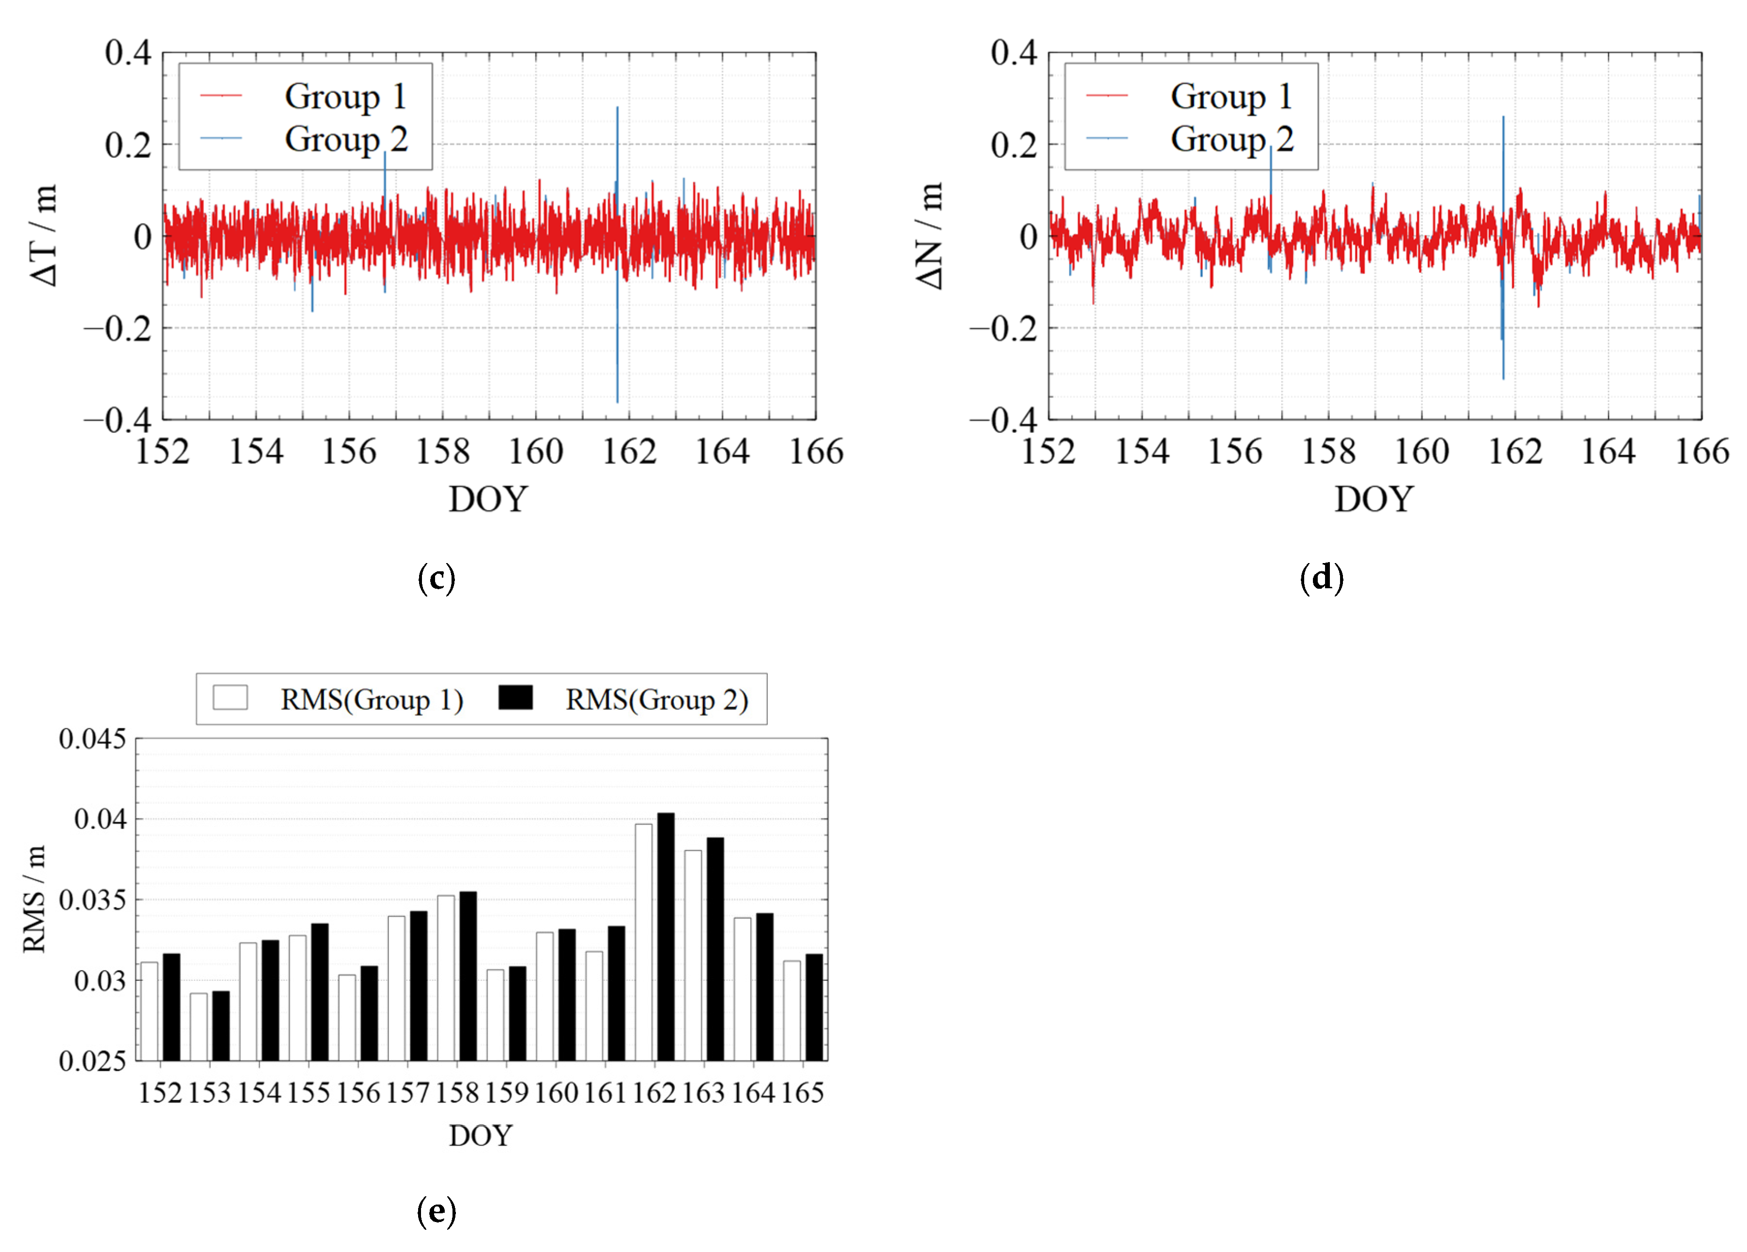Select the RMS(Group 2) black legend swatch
tap(515, 698)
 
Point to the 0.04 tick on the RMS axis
tap(100, 819)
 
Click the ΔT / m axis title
tap(45, 235)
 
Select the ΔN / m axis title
tap(931, 235)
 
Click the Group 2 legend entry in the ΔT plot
tap(345, 139)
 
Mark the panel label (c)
tap(436, 578)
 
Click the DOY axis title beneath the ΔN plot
tap(1373, 499)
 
